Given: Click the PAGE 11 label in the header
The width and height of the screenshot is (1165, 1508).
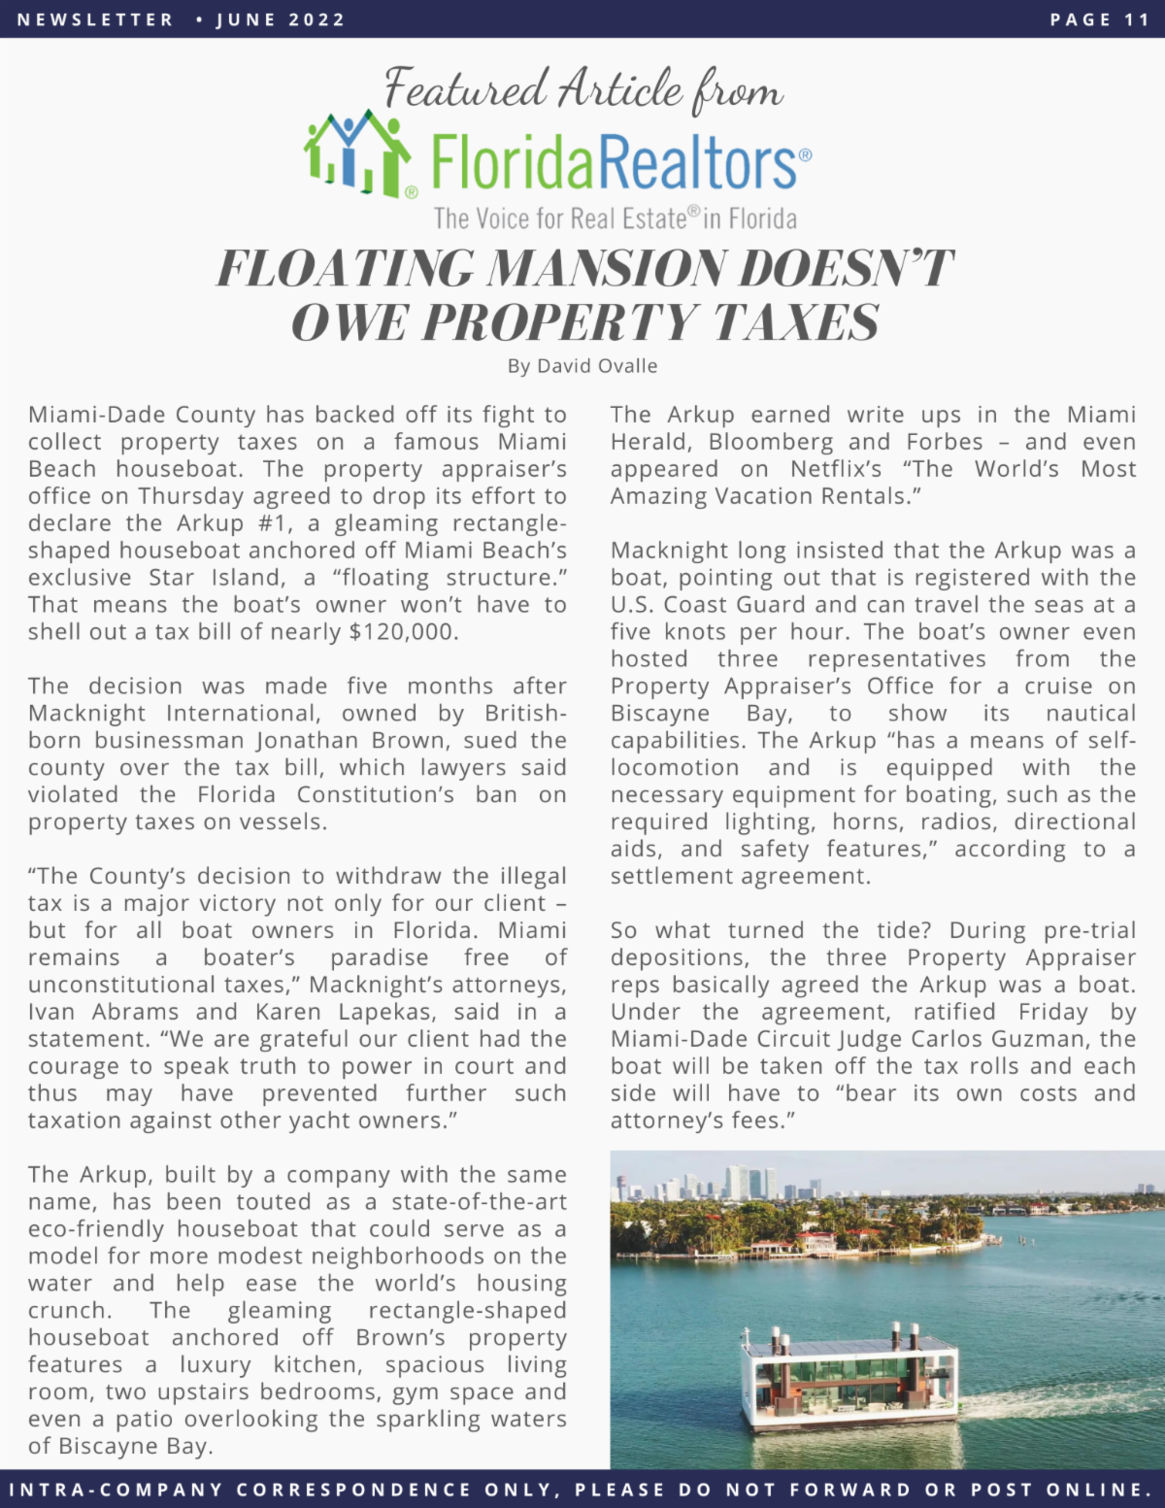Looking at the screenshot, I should coord(1099,19).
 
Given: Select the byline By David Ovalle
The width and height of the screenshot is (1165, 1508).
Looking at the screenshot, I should coord(582,366).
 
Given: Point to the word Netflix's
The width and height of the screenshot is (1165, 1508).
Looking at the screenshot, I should coord(835,469).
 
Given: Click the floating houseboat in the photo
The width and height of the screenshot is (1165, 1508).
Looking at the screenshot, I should coord(848,1379).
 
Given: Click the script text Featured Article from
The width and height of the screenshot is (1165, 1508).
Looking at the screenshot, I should coord(582,89).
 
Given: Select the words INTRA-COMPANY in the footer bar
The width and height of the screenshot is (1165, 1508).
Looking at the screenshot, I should coord(116,1490).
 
